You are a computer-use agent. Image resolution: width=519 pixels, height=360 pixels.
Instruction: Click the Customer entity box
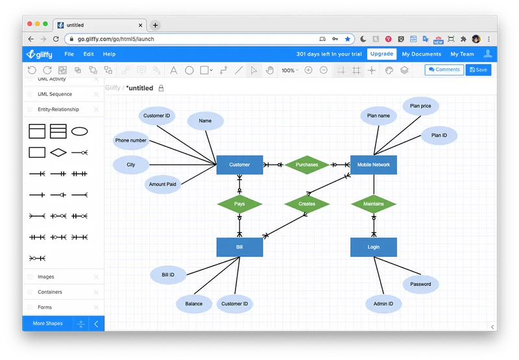239,165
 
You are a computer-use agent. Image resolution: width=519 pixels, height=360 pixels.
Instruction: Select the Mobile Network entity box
374,165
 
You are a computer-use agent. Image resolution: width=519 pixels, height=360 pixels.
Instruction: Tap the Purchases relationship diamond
307,165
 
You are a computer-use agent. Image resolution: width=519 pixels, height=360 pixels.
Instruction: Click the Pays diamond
239,204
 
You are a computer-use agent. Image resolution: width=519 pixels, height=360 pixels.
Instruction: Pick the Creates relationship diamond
307,204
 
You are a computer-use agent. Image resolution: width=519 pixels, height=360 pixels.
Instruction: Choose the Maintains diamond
374,204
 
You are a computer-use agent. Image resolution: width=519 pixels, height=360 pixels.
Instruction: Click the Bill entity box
239,247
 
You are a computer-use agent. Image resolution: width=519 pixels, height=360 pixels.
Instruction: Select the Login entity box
374,247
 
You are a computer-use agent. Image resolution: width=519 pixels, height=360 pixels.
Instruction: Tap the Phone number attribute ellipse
131,140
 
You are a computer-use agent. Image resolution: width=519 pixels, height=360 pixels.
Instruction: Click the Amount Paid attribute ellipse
163,184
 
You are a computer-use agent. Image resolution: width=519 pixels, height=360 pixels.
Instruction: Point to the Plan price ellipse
420,106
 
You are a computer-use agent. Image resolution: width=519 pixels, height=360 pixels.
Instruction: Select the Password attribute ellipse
420,284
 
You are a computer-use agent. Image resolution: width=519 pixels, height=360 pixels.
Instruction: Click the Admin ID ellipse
383,304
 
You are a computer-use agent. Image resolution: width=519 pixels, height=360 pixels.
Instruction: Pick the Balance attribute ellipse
194,304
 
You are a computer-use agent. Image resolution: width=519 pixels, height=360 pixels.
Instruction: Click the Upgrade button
381,54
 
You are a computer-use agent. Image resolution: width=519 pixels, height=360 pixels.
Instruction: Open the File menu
69,54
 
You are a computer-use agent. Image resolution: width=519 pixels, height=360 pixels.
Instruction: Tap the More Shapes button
47,323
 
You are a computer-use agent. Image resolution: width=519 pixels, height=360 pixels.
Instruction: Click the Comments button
444,70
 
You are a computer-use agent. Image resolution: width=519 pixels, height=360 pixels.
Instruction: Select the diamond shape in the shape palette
58,152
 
